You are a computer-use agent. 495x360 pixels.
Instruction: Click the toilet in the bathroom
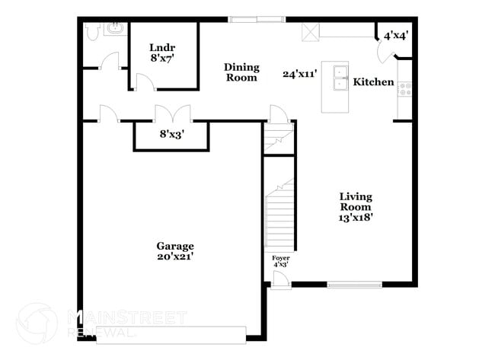click(92, 31)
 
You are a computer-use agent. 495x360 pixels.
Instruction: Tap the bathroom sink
click(115, 28)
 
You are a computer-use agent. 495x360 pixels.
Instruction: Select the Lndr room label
click(162, 48)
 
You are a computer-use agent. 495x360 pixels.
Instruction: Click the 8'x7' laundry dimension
click(162, 58)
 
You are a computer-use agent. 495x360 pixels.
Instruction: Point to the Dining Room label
click(241, 72)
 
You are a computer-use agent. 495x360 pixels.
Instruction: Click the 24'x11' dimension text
click(299, 74)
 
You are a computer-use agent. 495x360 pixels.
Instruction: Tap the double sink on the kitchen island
click(340, 78)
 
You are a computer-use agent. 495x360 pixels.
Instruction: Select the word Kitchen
click(373, 82)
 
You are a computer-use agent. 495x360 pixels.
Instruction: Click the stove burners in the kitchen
click(405, 89)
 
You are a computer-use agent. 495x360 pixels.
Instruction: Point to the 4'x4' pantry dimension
click(396, 36)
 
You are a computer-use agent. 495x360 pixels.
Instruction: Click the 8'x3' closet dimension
click(172, 134)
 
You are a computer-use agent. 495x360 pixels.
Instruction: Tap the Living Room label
click(356, 202)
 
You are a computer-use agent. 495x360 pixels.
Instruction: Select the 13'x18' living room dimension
click(356, 218)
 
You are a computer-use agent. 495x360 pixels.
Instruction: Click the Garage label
click(175, 246)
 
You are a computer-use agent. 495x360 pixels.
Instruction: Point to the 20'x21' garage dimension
click(175, 256)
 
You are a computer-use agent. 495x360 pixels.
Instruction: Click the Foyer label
click(281, 258)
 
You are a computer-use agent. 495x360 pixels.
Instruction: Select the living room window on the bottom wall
click(355, 285)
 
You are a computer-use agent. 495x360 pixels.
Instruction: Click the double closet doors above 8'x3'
click(173, 113)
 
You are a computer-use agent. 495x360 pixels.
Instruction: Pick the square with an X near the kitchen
click(310, 32)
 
